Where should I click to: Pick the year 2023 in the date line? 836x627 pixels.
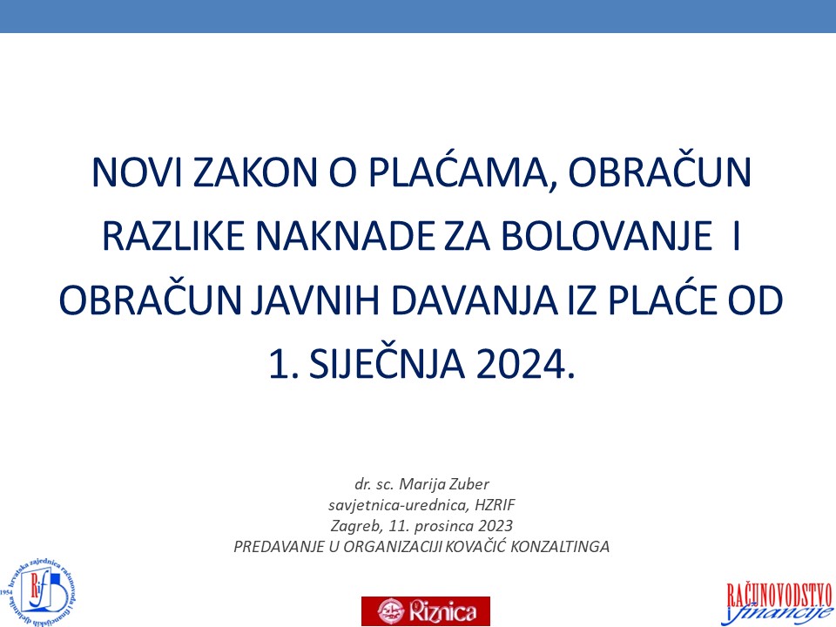coord(496,525)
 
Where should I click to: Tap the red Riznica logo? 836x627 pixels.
coord(426,610)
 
